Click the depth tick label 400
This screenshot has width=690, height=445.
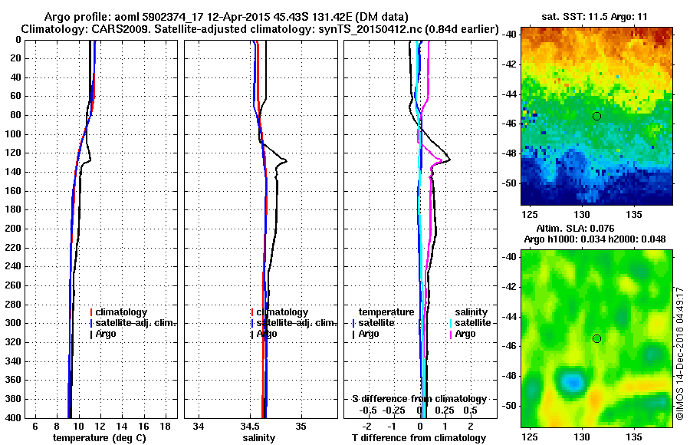tap(15, 417)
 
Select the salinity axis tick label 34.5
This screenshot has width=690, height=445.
tap(250, 426)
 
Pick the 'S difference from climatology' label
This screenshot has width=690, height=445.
tap(419, 399)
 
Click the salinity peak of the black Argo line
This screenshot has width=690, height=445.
tap(286, 160)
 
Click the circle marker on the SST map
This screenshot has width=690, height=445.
tap(596, 116)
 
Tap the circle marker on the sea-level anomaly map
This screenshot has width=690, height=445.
tap(596, 338)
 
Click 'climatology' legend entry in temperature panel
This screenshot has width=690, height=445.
tap(124, 312)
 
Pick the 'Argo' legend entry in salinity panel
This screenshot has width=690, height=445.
tap(268, 334)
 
